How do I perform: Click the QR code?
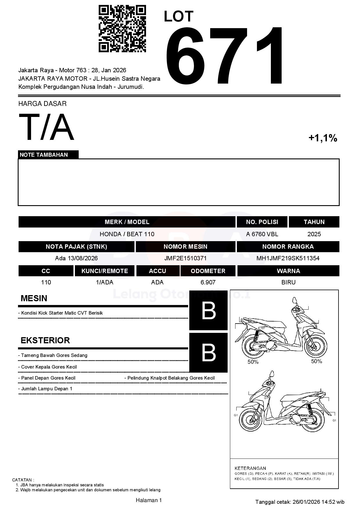(122, 28)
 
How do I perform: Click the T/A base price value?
(46, 127)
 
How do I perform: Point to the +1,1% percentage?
(323, 138)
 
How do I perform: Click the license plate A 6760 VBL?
(262, 234)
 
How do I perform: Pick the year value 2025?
(314, 234)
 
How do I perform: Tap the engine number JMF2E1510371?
(185, 258)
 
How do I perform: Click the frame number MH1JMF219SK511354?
(288, 258)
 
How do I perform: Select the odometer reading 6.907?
(208, 282)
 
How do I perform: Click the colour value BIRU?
(288, 282)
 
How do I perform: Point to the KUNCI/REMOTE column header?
(105, 271)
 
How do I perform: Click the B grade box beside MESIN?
(208, 311)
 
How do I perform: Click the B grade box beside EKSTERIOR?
(208, 353)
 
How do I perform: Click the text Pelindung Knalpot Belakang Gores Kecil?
(171, 378)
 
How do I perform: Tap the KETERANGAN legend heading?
(250, 468)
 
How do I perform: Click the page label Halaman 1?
(149, 500)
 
